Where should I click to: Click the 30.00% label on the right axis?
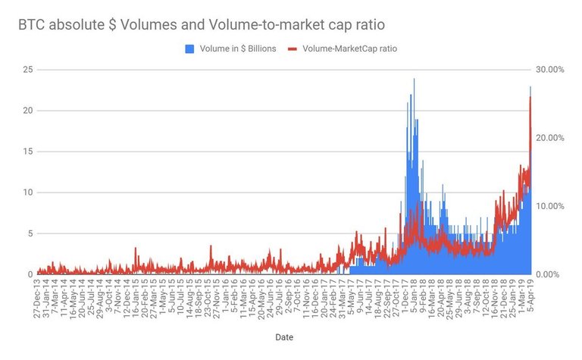pyautogui.click(x=552, y=70)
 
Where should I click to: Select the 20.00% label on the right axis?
pyautogui.click(x=552, y=138)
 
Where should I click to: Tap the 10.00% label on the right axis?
pyautogui.click(x=552, y=206)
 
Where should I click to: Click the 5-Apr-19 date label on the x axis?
pyautogui.click(x=530, y=293)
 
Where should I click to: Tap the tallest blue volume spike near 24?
pyautogui.click(x=414, y=80)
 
